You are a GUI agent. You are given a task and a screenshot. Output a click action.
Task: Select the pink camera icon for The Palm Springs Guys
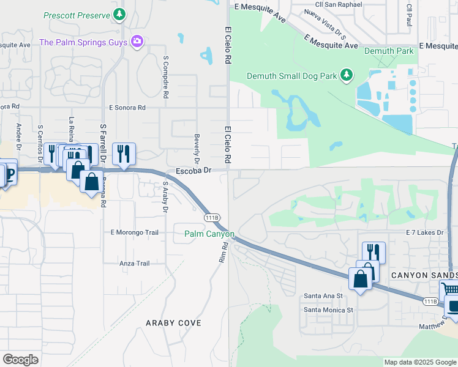click(x=137, y=42)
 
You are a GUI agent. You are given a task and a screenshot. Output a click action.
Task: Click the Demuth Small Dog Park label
click(x=292, y=76)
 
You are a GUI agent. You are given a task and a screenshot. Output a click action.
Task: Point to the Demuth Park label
click(x=389, y=51)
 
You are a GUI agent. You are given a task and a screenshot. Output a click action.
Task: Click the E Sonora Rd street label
click(x=127, y=108)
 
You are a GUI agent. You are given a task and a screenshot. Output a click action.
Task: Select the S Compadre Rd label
click(x=165, y=78)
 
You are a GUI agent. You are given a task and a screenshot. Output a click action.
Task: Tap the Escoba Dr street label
click(x=193, y=171)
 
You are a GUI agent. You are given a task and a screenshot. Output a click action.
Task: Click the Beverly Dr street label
click(x=197, y=149)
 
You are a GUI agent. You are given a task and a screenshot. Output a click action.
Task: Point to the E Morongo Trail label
click(x=134, y=232)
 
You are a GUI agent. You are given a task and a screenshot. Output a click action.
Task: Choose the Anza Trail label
click(x=135, y=264)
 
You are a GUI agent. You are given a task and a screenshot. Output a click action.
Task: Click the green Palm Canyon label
click(x=209, y=234)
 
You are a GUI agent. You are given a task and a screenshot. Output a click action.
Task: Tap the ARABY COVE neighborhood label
click(x=173, y=322)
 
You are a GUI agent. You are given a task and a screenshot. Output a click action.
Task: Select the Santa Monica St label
click(x=329, y=310)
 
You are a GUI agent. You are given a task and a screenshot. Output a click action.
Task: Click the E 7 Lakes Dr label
click(x=428, y=233)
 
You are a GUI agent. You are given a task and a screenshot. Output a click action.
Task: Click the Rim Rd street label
click(x=223, y=252)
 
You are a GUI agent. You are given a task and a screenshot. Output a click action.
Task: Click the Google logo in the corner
click(x=20, y=359)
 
